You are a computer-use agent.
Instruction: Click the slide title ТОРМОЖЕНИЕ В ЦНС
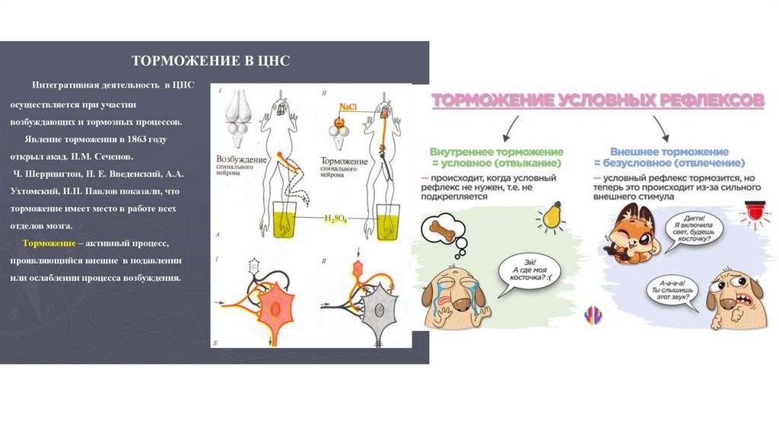point(211,60)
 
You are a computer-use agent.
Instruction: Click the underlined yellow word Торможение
point(48,242)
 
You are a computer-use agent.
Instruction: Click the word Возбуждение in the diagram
point(243,161)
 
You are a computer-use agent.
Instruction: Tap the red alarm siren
point(758,210)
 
